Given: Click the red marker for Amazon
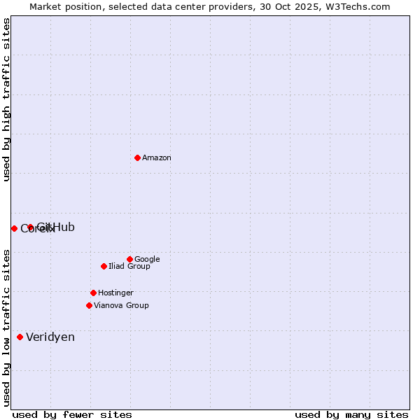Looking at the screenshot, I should tap(137, 157).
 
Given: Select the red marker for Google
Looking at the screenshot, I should tap(129, 259).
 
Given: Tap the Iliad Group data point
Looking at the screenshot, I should tap(104, 266).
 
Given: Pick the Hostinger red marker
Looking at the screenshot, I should tap(93, 293).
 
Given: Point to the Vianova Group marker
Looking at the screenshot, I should tap(89, 305).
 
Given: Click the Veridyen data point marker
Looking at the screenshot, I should tap(20, 337).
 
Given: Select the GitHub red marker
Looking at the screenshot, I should tap(30, 227).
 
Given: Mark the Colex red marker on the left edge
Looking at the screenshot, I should tap(14, 228).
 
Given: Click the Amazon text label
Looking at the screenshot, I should tap(157, 158).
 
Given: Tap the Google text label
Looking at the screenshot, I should tap(147, 260).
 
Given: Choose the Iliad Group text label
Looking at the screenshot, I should tap(129, 267).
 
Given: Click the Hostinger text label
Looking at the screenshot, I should tap(115, 293).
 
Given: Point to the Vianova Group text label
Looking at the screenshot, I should tap(121, 306).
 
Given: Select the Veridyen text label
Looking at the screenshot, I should tap(50, 337).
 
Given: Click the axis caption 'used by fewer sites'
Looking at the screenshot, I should tap(72, 414).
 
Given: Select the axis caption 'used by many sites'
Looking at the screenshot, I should tap(351, 414).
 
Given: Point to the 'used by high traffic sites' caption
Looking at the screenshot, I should tap(7, 99).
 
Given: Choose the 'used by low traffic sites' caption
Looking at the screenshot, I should tap(7, 327).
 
